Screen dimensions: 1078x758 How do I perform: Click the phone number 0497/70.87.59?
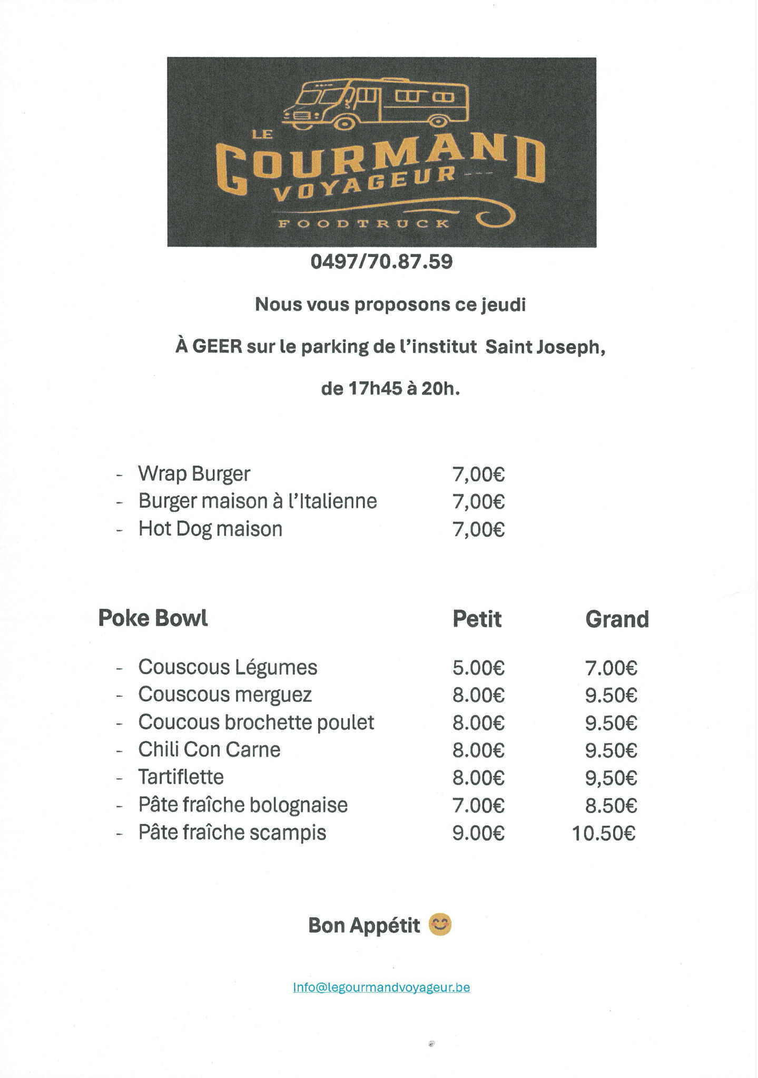381,262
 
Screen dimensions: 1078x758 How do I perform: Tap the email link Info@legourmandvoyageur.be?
381,987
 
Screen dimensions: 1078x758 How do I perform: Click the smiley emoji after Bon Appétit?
440,925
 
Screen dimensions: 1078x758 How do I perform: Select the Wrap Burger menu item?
194,473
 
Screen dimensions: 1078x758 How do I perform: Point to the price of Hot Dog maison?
478,529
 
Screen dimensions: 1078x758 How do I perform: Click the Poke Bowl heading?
153,618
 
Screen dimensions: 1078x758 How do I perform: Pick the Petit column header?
477,619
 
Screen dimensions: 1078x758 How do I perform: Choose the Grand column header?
617,619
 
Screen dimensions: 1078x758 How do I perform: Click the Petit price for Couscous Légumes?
478,668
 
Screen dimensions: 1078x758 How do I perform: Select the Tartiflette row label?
181,777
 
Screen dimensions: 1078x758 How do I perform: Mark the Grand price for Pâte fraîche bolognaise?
611,806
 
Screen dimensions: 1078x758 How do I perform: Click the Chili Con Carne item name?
209,749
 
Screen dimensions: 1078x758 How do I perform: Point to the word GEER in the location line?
217,347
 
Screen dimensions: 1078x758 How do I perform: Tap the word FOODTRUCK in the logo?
363,223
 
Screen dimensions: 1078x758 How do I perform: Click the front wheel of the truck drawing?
344,123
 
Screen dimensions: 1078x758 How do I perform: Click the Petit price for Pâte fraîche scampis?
478,833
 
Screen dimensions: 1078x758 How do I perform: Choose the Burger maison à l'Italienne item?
258,501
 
